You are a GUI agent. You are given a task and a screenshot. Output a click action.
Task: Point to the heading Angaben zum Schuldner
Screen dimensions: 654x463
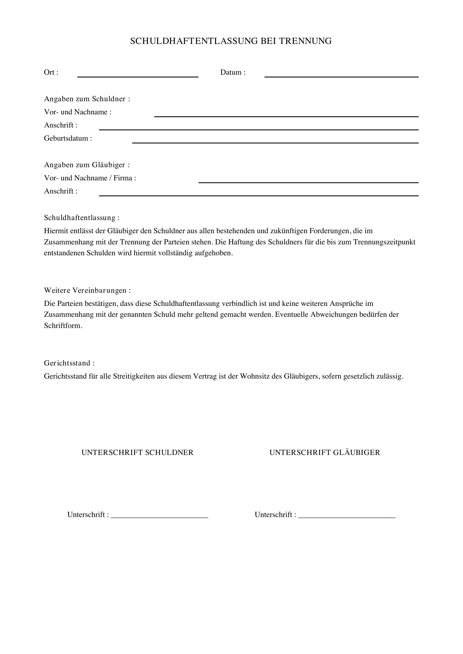pos(87,99)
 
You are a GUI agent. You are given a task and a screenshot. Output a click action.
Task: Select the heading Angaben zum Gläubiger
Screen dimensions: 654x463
pos(86,165)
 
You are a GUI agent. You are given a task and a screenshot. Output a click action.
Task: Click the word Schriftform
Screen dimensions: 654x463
pos(62,326)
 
